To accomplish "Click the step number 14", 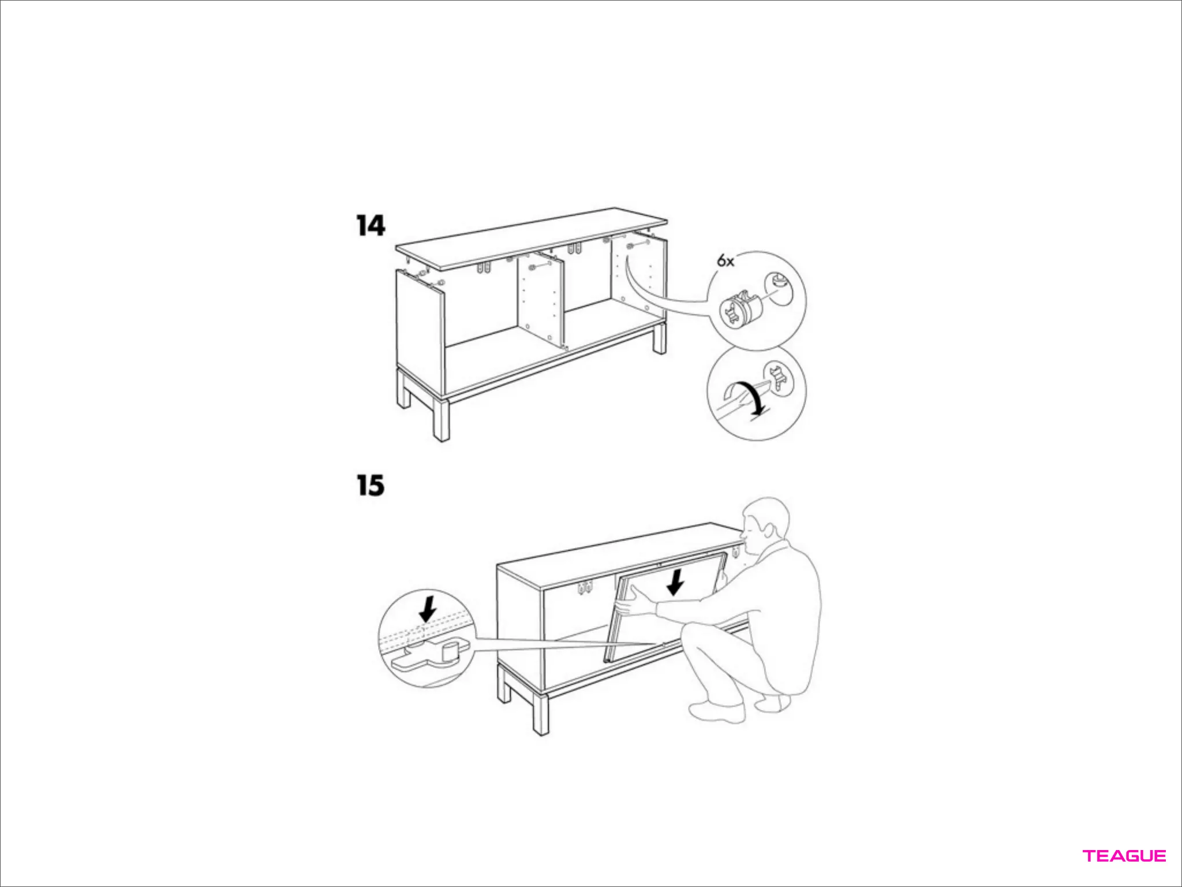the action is [x=371, y=226].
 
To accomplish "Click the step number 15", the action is [x=371, y=486].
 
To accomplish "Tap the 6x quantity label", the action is [x=725, y=261].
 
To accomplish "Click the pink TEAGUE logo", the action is [x=1124, y=856].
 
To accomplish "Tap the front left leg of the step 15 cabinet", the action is [x=541, y=713].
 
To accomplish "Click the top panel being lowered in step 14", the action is [x=532, y=238].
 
